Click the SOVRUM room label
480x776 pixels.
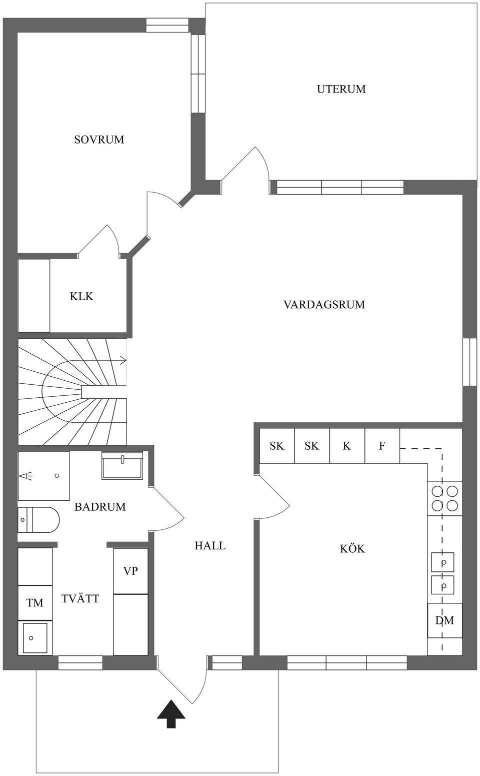(x=99, y=140)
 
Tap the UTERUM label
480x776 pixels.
(x=341, y=90)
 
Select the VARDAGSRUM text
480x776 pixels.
(x=324, y=304)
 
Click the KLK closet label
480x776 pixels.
(x=81, y=296)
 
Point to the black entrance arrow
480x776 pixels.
(x=171, y=713)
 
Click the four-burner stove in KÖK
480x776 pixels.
(x=444, y=498)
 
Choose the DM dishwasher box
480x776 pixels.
(x=444, y=620)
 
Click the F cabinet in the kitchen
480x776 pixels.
(x=382, y=445)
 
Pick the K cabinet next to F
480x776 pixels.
(x=347, y=445)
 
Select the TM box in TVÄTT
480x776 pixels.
(x=35, y=603)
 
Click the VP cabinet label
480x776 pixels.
(x=130, y=571)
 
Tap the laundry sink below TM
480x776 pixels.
(x=35, y=637)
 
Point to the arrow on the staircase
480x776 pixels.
(x=121, y=360)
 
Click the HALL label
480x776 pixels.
(x=210, y=545)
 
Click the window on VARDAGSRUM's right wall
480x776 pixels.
(x=469, y=362)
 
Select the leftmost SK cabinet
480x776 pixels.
(x=276, y=445)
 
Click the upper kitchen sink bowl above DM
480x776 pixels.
(x=443, y=562)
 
